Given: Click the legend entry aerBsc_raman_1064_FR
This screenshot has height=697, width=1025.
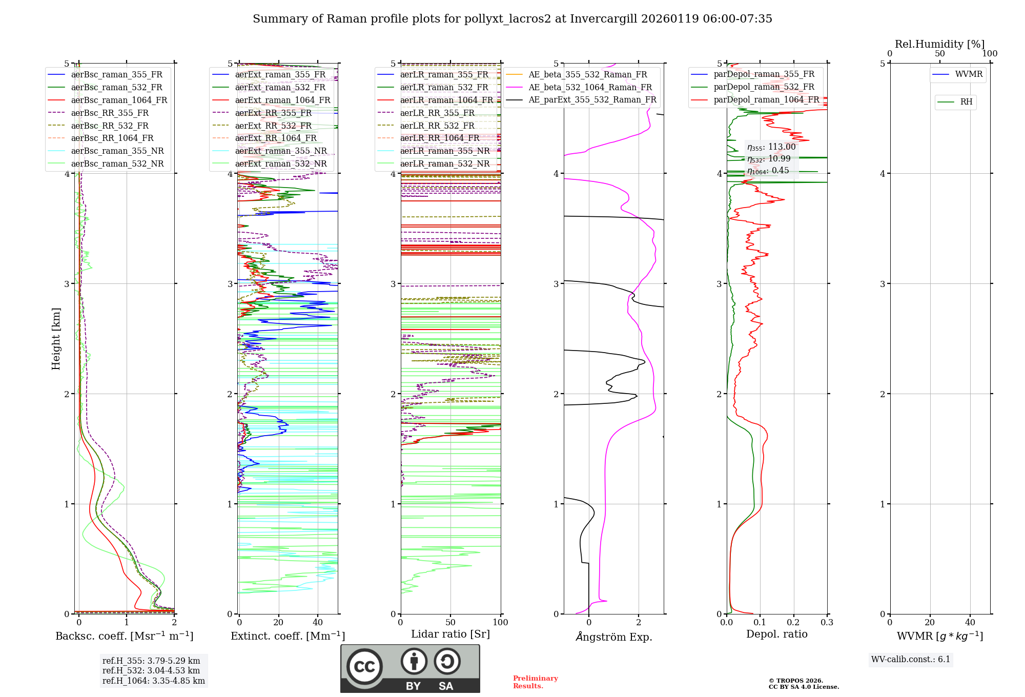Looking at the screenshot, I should pos(119,100).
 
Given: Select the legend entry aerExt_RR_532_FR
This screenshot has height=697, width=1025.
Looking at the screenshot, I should pos(273,126).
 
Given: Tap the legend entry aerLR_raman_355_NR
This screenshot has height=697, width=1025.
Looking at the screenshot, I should pos(444,151).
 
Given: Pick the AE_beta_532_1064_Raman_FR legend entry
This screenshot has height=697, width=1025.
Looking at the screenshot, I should pos(590,87).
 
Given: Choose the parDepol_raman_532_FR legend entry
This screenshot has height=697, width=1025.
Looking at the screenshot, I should pos(764,87).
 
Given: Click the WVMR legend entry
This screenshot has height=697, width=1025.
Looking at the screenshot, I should pos(969,74).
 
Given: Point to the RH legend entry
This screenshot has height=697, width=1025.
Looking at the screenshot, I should pos(966,102).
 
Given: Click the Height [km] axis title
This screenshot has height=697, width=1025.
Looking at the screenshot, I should pos(56,339).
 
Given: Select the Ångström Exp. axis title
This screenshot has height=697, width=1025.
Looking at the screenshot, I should pos(614,637).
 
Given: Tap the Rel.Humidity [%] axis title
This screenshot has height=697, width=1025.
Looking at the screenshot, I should pos(939,44).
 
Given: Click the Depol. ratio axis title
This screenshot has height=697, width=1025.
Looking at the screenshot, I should pos(776,634).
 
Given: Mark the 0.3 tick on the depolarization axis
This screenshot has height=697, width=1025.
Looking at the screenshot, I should pos(827,623).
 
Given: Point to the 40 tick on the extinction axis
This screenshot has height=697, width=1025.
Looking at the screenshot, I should pos(318,623).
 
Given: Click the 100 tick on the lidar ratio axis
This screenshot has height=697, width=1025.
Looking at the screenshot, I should pos(500,623).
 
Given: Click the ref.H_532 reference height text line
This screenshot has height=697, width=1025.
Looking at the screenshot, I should pos(151,670).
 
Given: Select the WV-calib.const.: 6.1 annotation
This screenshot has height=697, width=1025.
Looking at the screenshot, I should pos(910,660).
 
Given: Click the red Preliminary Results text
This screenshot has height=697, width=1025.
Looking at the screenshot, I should pos(535,682).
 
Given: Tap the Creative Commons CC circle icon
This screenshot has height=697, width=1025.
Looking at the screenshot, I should pos(364,666).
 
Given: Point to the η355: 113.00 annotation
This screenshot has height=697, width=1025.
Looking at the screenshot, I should pos(771,147).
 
